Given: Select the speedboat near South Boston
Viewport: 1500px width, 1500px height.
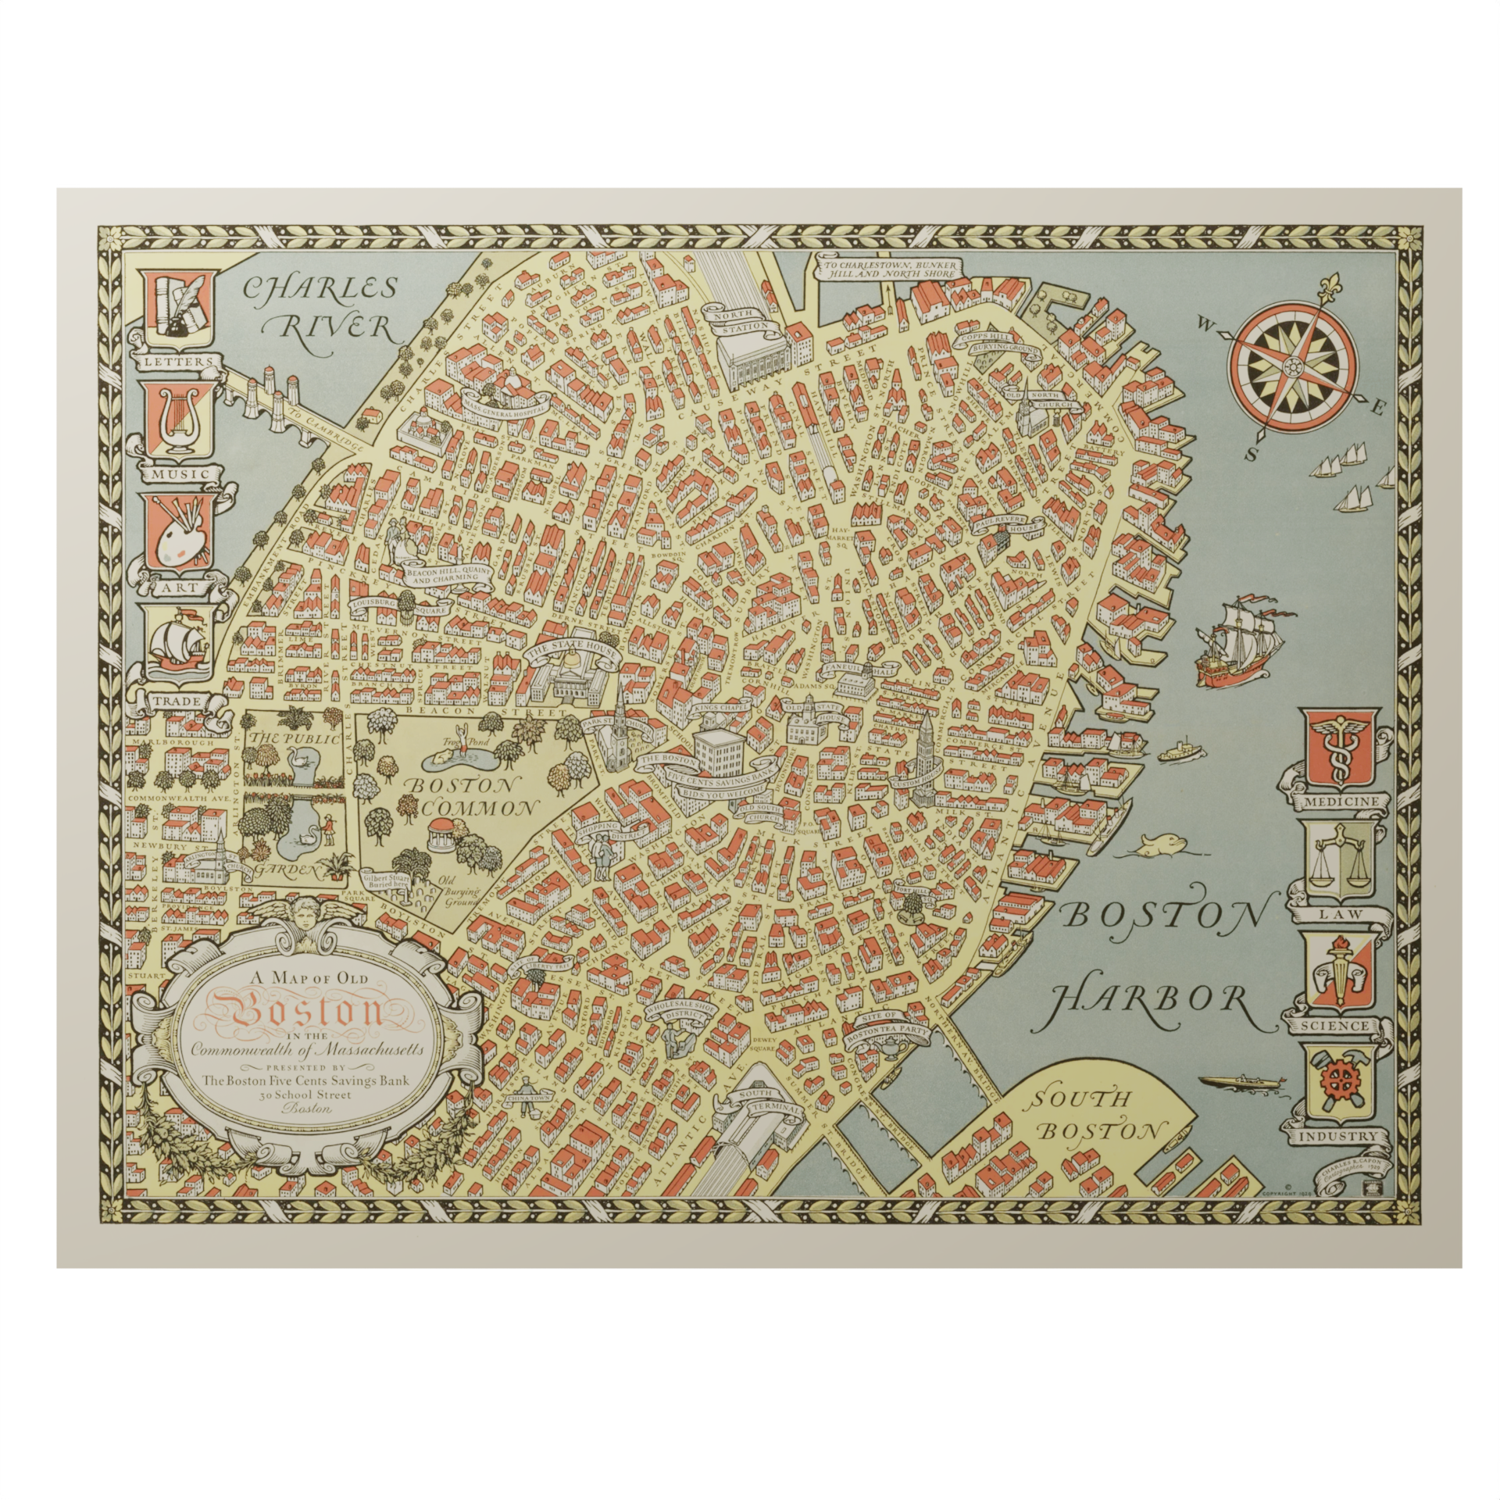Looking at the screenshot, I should [x=1233, y=1082].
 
